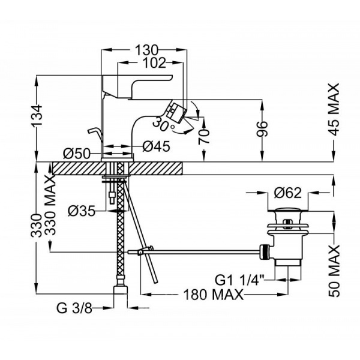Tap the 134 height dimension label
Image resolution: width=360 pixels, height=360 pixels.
coord(38,116)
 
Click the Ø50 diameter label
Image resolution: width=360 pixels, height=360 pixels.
coord(76,152)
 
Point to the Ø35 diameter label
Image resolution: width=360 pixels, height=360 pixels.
coord(82,211)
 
